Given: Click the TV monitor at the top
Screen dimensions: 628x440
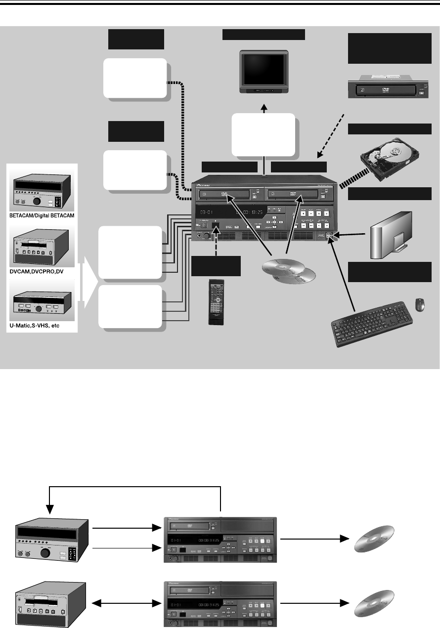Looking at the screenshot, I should tap(263, 72).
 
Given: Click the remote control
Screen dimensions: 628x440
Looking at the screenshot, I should tap(216, 301).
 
